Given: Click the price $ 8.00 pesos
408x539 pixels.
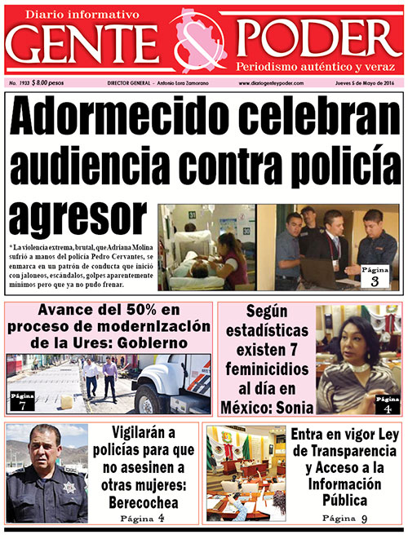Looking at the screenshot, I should (49, 84).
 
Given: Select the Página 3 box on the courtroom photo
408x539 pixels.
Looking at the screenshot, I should (375, 276).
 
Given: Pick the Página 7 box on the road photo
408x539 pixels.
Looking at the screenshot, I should (23, 400).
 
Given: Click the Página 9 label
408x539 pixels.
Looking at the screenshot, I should (346, 519).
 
